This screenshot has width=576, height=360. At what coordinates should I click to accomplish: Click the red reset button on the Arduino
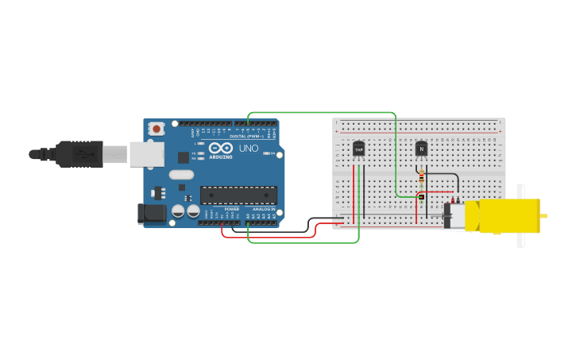pos(157,129)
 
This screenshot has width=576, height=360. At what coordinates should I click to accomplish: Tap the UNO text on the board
pos(249,149)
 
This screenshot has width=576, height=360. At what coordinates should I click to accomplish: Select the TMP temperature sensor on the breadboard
pos(358,149)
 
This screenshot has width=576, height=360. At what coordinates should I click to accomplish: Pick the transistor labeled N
pos(421,148)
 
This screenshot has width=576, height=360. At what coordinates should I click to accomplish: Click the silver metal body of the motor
pos(454,216)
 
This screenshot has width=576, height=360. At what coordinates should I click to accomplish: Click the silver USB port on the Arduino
pos(148,154)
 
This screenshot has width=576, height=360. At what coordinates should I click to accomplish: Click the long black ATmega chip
pos(238,195)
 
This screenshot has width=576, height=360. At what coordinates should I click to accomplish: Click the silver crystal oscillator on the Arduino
pos(181,175)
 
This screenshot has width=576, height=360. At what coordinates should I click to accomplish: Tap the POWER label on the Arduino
pos(231,209)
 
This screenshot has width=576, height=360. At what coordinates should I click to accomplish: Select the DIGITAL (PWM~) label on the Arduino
pos(246,136)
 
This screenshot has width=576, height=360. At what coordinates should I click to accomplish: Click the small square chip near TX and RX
pos(184,157)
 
